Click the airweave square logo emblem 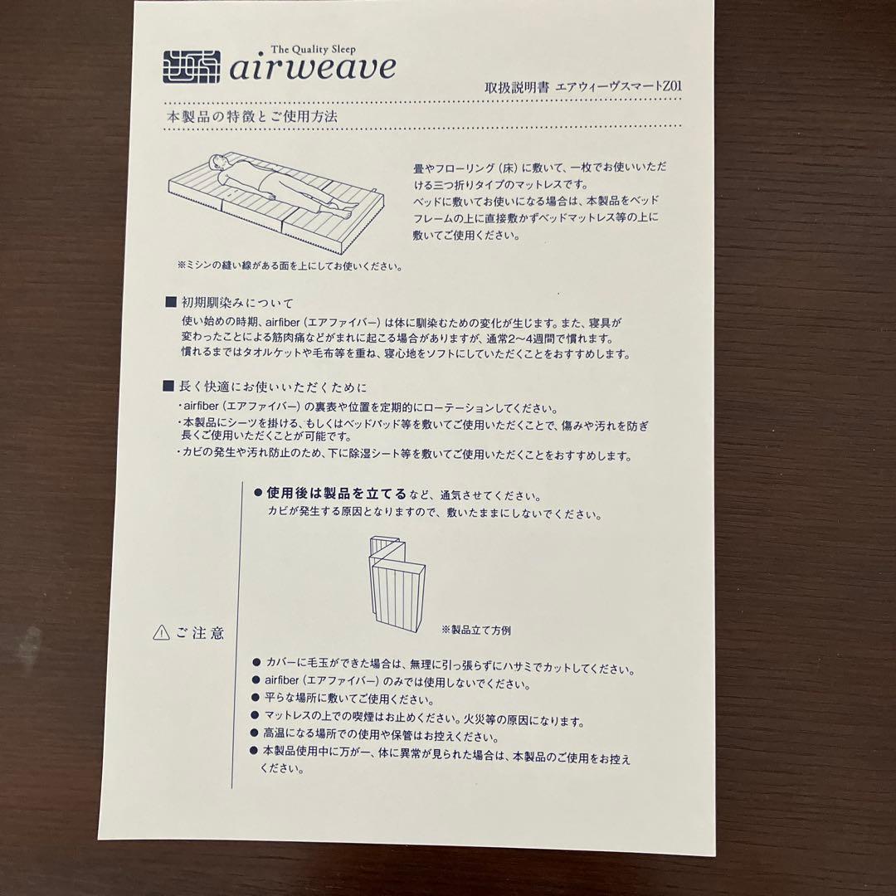tap(192, 67)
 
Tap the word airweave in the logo tap(313, 67)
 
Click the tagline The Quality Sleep tap(313, 49)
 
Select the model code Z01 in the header tap(672, 86)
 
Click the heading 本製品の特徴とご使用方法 tap(252, 117)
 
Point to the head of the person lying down tap(217, 163)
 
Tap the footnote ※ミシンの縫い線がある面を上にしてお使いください tap(290, 265)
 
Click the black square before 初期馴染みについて tap(170, 302)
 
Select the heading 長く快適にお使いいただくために tap(273, 387)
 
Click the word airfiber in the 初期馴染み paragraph tap(282, 322)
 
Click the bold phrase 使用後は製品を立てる tap(337, 493)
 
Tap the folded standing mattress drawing tap(397, 583)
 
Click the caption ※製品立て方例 tap(476, 630)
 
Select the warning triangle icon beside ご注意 tap(162, 632)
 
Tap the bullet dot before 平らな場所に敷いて tap(256, 697)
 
